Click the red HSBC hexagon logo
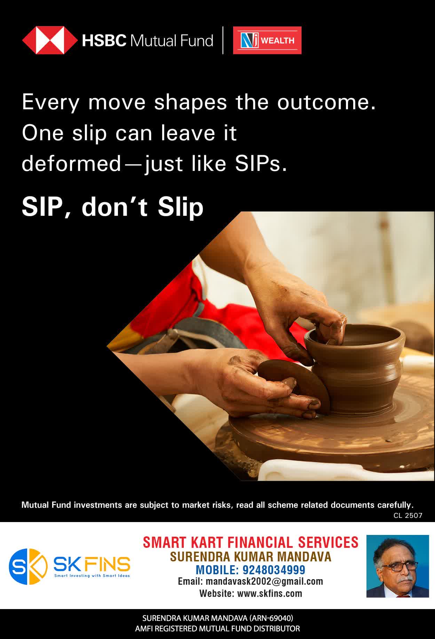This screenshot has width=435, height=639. (x=50, y=40)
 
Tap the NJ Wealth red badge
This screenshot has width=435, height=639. (x=267, y=40)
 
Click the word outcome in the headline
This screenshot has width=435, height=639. (x=326, y=102)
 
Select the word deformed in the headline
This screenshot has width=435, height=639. (x=71, y=164)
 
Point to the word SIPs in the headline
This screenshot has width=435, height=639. (x=261, y=164)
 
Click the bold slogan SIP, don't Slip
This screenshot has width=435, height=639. (x=112, y=207)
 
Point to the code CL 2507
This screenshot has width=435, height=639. (x=408, y=515)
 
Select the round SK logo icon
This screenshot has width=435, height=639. (x=28, y=566)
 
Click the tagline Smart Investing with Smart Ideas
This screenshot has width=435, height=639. (x=92, y=576)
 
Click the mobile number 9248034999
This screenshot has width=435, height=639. (x=274, y=570)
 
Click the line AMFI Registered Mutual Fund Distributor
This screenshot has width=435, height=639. (x=217, y=629)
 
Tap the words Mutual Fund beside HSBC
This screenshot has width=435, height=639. (x=171, y=41)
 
